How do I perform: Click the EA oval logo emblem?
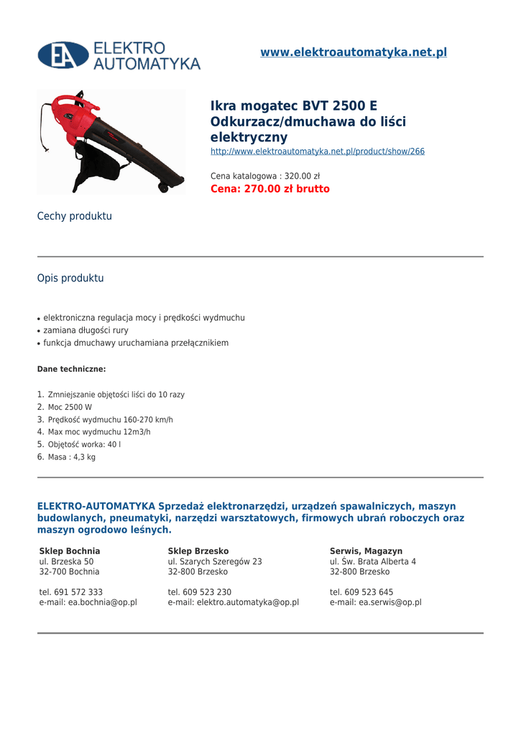click(x=63, y=55)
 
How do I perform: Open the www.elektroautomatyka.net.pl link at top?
click(x=354, y=52)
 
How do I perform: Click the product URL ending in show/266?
click(x=317, y=151)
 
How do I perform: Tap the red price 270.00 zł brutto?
click(x=269, y=189)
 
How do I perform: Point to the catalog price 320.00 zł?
click(x=265, y=176)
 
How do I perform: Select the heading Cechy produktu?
click(x=75, y=216)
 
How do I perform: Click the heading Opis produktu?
click(x=70, y=278)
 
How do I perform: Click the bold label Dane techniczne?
click(x=71, y=369)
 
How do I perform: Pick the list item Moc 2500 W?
click(x=70, y=407)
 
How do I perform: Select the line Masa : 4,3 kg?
click(x=71, y=457)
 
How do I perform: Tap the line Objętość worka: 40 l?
click(x=84, y=444)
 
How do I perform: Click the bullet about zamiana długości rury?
click(x=86, y=330)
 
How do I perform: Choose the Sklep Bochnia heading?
click(x=70, y=551)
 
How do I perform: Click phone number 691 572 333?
click(x=70, y=592)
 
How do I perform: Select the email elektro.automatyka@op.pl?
click(x=233, y=603)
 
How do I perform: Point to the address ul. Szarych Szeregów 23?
click(x=215, y=561)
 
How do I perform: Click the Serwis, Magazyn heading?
click(x=366, y=551)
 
